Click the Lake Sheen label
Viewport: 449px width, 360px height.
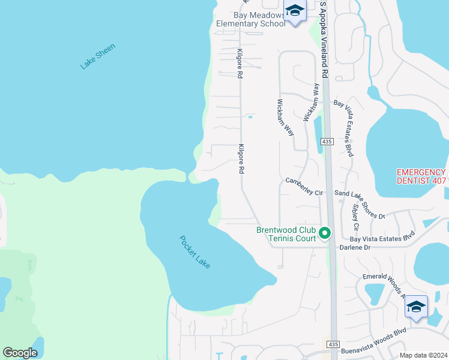click(97, 56)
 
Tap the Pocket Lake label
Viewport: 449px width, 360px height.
click(194, 251)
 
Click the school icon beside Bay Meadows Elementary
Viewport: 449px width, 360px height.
click(295, 11)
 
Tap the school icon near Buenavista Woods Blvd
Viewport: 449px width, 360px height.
click(416, 308)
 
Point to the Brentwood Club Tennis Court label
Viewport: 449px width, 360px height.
click(286, 234)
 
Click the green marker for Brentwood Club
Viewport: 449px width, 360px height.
click(325, 233)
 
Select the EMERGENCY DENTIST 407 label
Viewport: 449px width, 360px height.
click(421, 176)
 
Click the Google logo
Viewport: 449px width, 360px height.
click(20, 353)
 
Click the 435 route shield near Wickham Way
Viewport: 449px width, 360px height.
click(327, 141)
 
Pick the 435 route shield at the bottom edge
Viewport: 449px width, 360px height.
click(333, 344)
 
